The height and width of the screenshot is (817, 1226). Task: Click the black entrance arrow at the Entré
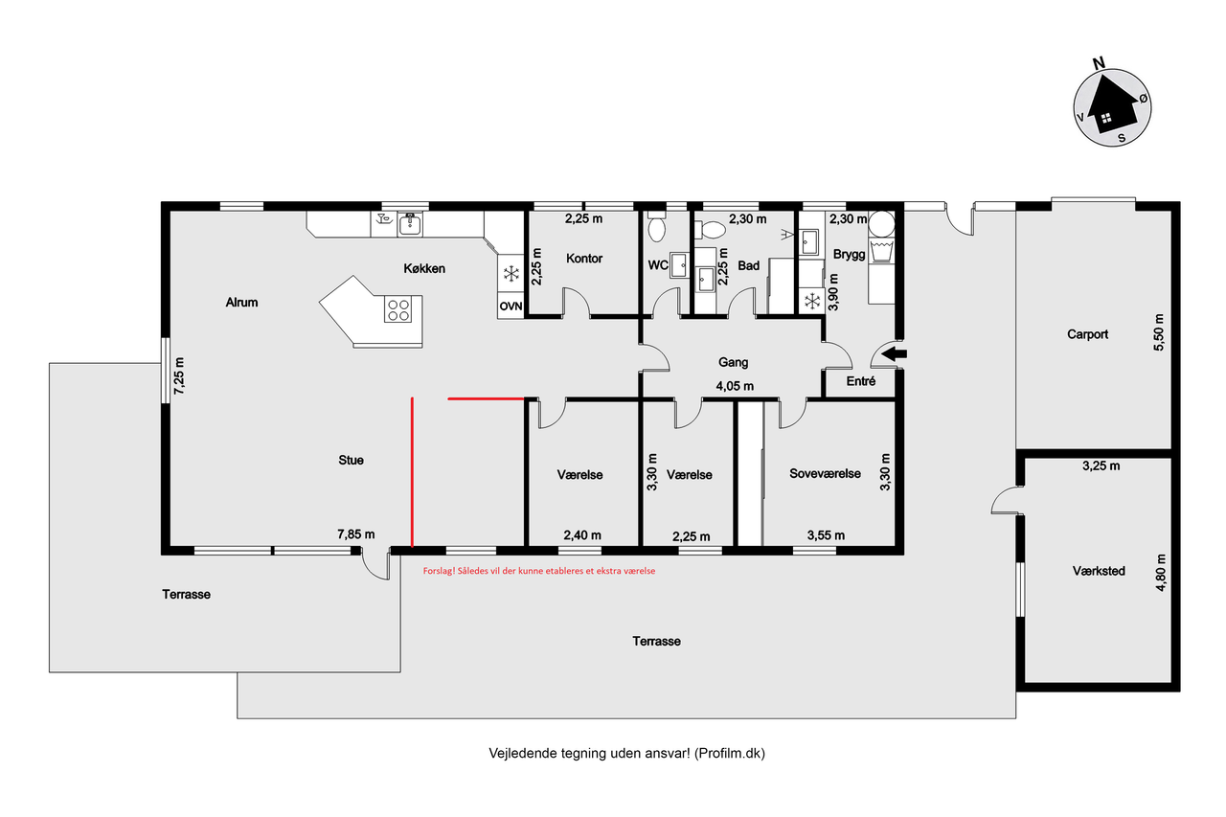coord(895,354)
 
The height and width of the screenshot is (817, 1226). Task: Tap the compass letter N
coord(1098,63)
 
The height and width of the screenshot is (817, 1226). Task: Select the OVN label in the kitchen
coord(511,306)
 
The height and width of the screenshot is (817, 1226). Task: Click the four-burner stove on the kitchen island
coord(397,309)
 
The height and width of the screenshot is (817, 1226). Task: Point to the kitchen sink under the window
coord(409,224)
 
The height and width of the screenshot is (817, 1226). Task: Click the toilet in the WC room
coord(656,227)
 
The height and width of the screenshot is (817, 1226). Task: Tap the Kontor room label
coord(584,259)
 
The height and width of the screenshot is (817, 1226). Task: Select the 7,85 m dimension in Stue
coord(355,534)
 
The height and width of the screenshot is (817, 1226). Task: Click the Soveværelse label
coord(825,474)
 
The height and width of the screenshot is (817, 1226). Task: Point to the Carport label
coord(1087,334)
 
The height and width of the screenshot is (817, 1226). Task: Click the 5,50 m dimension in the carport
coord(1159,332)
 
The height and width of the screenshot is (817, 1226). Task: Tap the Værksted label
coord(1099,571)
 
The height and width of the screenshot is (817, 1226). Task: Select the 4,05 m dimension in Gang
coord(735,386)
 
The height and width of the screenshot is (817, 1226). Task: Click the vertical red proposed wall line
coord(412,472)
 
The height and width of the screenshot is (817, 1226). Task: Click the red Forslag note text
coord(539,571)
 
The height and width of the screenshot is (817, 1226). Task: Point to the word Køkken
coord(424,269)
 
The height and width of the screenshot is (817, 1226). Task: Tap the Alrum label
coord(241,302)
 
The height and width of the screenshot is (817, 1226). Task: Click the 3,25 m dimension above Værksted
coord(1101,466)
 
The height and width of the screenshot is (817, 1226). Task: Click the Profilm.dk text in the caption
coord(730,754)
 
